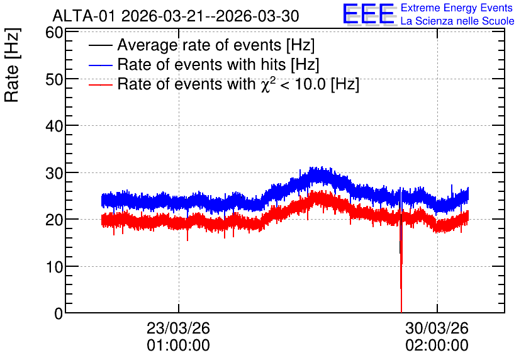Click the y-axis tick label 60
[x=54, y=33]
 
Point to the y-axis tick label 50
[x=54, y=79]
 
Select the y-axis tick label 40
[x=54, y=126]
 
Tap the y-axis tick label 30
[x=54, y=173]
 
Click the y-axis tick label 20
[x=54, y=220]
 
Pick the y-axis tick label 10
[x=54, y=267]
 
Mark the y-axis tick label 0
[x=59, y=313]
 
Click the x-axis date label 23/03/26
[x=178, y=328]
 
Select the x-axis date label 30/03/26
[x=437, y=328]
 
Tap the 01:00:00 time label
[x=178, y=345]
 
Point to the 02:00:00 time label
[x=437, y=345]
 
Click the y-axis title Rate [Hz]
[x=12, y=65]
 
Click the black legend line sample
[x=100, y=45]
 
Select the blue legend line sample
[x=100, y=65]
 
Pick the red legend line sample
[x=100, y=84]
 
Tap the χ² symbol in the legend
[x=266, y=84]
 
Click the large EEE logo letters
[x=369, y=14]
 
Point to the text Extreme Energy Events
[x=457, y=8]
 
